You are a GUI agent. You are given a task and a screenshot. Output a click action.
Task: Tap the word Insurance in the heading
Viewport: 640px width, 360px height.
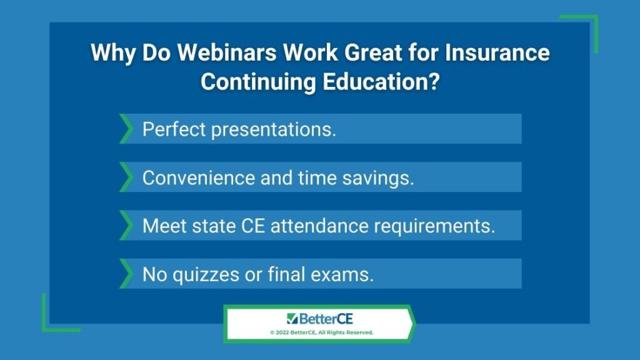tap(497, 52)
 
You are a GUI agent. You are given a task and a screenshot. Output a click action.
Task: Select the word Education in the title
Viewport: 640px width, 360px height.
tap(376, 82)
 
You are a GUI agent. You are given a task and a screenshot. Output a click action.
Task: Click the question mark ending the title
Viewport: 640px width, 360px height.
tap(435, 82)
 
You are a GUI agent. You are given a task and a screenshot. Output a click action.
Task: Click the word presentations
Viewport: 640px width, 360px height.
tap(274, 130)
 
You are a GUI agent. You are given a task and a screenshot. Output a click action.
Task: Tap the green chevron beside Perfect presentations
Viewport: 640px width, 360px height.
tap(126, 129)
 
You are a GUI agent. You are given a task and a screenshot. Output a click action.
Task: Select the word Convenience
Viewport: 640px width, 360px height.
tap(199, 178)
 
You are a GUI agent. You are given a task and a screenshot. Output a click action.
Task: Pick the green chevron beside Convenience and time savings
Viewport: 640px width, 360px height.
tap(126, 177)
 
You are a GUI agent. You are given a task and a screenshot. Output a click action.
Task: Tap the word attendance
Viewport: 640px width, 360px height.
tap(319, 226)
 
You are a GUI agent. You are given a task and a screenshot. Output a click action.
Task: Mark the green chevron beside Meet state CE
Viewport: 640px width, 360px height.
tap(126, 225)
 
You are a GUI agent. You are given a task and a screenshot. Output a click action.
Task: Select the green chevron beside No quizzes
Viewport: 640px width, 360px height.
tap(126, 274)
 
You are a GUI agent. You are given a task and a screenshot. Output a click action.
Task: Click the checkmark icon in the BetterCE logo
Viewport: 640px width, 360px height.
tap(292, 319)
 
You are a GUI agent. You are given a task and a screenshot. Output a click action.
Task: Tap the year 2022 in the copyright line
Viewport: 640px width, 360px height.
tap(282, 332)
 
